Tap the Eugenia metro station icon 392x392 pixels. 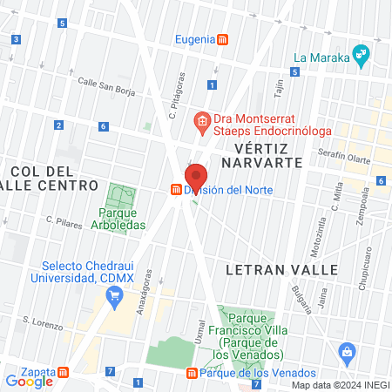coord(224,39)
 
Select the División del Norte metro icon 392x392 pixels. coord(176,190)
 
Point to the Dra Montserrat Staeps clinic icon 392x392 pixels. coord(201,121)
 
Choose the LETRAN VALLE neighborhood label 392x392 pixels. coord(280,270)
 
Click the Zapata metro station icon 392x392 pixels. coord(64,372)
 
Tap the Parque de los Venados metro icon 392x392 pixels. coord(192,374)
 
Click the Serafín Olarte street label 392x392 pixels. coord(346,154)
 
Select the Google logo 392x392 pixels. coord(29,381)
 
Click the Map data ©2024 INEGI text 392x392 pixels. coord(340,385)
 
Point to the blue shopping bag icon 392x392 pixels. coord(348,354)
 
